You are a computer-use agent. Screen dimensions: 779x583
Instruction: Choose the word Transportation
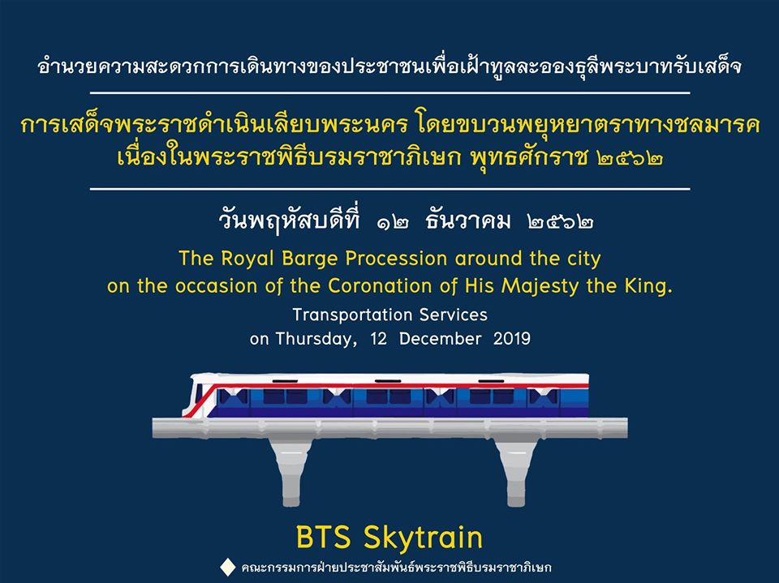[x=352, y=315]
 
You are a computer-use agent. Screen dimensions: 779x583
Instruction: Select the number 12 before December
[x=378, y=339]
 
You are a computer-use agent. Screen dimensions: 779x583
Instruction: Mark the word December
[x=440, y=339]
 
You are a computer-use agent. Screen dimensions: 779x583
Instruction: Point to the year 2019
[x=512, y=339]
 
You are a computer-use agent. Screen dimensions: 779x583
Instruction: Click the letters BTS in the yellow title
[x=324, y=537]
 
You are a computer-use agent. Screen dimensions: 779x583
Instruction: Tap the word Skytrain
[x=423, y=538]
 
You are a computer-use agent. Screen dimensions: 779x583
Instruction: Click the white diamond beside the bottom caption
[x=227, y=567]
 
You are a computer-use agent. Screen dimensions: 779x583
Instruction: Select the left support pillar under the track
[x=291, y=472]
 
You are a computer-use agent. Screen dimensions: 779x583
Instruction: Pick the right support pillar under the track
[x=516, y=472]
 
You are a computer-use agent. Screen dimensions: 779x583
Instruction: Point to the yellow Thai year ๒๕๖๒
[x=631, y=158]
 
